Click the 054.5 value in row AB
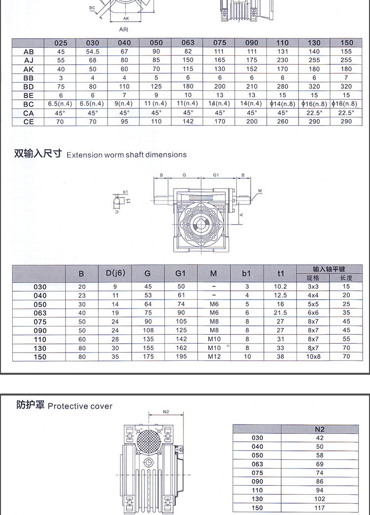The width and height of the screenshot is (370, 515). click(x=93, y=51)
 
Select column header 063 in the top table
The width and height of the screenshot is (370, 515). click(x=188, y=43)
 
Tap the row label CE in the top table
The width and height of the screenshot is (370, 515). click(x=29, y=121)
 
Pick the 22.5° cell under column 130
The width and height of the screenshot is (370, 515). click(x=314, y=113)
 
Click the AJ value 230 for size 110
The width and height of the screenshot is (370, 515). click(x=283, y=60)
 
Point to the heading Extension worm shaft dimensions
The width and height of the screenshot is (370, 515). click(x=127, y=155)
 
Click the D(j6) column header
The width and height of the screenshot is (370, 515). click(x=115, y=273)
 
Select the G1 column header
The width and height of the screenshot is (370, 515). click(x=181, y=273)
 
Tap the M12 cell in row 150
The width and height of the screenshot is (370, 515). click(x=214, y=356)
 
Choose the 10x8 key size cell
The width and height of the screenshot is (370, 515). click(x=313, y=356)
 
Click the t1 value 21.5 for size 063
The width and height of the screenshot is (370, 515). click(x=280, y=313)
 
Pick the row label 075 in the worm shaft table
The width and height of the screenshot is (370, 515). click(x=40, y=321)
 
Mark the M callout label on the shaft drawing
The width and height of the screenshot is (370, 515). click(x=259, y=190)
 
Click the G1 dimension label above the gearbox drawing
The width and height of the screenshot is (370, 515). click(x=216, y=175)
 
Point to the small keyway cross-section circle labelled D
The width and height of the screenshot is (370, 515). click(x=117, y=202)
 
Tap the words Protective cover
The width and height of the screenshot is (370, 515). click(x=80, y=406)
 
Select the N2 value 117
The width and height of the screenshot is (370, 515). click(x=319, y=508)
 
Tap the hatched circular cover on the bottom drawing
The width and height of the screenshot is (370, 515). click(x=150, y=441)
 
